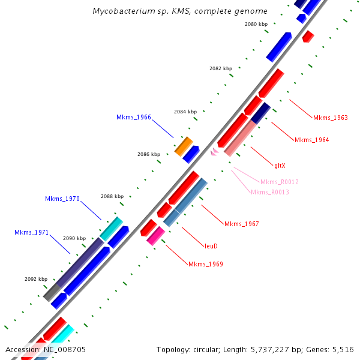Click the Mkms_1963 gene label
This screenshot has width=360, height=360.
pos(330,118)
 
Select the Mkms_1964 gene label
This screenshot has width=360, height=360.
pos(311,140)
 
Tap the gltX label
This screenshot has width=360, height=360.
pos(280,165)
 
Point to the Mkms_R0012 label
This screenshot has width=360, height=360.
pos(279,182)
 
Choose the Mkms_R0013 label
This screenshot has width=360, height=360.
pos(270,192)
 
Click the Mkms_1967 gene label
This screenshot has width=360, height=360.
pos(241,224)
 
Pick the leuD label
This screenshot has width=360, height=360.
pos(211,246)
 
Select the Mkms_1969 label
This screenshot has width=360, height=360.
pos(206,264)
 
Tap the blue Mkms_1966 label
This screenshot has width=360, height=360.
pos(134,117)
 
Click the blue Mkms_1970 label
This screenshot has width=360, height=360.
pos(62,199)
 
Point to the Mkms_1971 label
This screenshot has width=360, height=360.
pos(32,232)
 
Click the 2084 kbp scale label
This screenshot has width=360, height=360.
pos(185,112)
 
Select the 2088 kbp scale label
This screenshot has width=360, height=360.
pos(112,196)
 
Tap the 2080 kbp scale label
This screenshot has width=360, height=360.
pos(256,24)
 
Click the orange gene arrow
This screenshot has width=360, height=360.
pos(184,146)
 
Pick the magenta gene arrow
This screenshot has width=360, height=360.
pos(155,235)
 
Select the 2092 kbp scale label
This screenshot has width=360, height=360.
pos(36,279)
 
